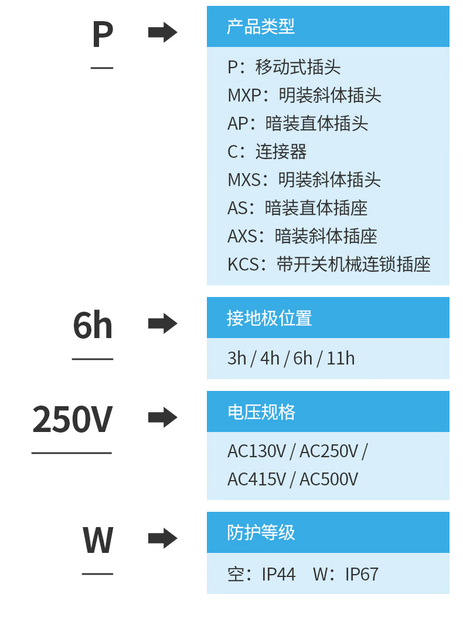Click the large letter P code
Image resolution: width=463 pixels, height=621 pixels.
(x=103, y=34)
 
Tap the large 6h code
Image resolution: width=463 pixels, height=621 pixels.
(x=93, y=325)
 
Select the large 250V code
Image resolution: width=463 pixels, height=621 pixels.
(x=72, y=419)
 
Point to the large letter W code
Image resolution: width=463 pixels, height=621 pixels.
(x=98, y=540)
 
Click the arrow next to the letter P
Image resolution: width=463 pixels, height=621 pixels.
(x=162, y=32)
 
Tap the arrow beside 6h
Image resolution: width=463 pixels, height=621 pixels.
(x=162, y=323)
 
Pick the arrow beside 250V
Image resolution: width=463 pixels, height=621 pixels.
(x=162, y=417)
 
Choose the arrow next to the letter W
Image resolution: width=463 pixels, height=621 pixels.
(x=162, y=538)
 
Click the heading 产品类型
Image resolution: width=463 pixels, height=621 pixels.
(x=261, y=26)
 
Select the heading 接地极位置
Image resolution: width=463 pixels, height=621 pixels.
(x=269, y=318)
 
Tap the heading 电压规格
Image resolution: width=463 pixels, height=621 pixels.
(x=261, y=412)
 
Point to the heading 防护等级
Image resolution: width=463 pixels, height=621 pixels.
(x=261, y=532)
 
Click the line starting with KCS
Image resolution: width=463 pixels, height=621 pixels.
(x=329, y=264)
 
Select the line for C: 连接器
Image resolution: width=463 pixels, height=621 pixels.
(x=267, y=151)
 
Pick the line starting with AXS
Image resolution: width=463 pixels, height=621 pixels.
(x=302, y=236)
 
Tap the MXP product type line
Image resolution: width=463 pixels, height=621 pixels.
(x=304, y=95)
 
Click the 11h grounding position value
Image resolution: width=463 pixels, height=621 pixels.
(x=341, y=359)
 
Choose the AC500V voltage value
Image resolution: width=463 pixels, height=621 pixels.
(x=329, y=479)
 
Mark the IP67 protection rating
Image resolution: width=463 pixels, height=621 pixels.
(x=362, y=574)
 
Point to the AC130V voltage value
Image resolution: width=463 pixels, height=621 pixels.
(x=257, y=451)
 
